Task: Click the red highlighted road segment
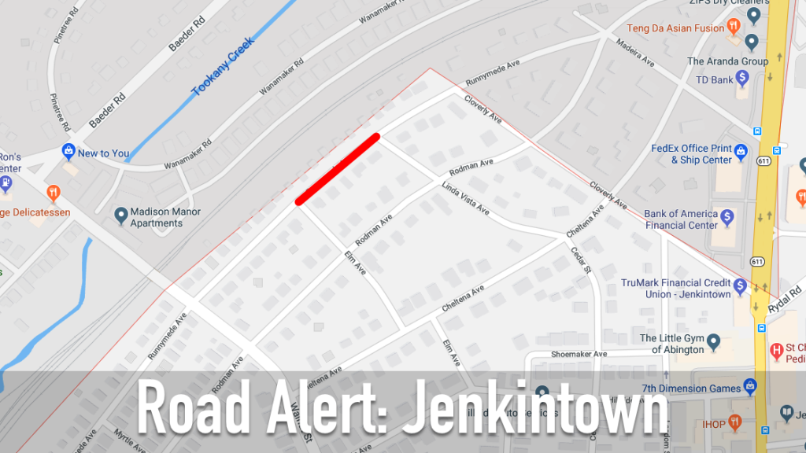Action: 338,168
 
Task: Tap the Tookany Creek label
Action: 224,67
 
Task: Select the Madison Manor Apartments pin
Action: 121,215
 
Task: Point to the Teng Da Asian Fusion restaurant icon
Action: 734,27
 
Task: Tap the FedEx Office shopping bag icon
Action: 741,149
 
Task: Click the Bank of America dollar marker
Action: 728,215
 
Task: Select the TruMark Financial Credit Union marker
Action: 740,285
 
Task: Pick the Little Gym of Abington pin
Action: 714,341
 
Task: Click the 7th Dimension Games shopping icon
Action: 750,386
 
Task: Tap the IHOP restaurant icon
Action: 734,422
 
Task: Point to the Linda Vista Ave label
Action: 465,200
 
